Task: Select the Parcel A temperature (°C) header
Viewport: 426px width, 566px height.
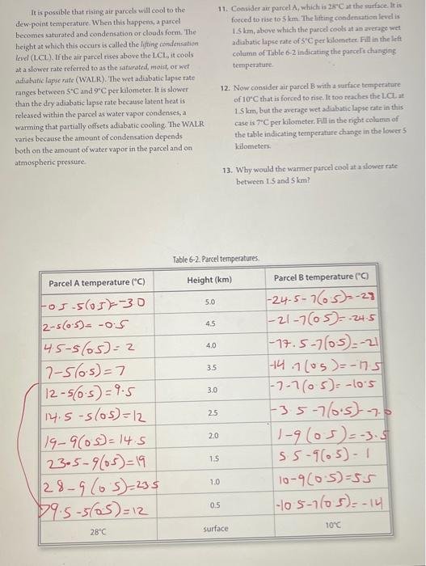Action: point(96,283)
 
